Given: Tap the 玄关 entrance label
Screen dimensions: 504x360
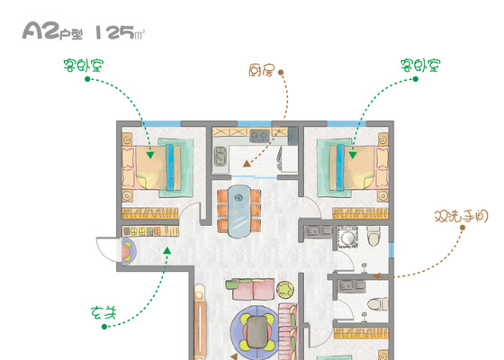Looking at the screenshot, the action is tap(103, 313).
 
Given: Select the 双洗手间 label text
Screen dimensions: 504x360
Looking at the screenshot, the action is tap(461, 217).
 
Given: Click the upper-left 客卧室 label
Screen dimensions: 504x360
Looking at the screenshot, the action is tap(84, 65).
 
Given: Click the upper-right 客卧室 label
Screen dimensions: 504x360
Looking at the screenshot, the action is tap(420, 65).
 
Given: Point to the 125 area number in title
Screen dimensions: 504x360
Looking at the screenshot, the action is tap(115, 31).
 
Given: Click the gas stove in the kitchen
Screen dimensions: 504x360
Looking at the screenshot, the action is tap(259, 135).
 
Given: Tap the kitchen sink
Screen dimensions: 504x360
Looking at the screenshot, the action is tap(220, 156).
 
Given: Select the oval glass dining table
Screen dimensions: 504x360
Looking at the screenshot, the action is tap(238, 211).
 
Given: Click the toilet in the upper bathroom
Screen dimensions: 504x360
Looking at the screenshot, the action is tap(373, 236).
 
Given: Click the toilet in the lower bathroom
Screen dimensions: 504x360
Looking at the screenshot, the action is tap(377, 303).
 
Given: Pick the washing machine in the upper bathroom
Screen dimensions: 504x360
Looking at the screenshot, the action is tap(347, 238).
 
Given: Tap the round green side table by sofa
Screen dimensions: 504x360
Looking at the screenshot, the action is tap(285, 290).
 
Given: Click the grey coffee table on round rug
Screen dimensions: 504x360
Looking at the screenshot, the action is tap(256, 332).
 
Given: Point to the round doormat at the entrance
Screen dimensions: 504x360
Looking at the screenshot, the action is tap(129, 251).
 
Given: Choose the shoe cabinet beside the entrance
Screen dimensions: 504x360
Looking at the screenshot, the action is tap(150, 230).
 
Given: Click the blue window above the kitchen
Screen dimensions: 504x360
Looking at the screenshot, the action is tap(254, 124).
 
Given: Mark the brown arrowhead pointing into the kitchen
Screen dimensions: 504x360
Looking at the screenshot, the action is tap(247, 164).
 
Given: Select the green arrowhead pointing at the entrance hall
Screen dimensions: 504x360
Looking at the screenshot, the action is tap(166, 250).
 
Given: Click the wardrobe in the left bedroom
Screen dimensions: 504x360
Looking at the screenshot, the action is tap(150, 213).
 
